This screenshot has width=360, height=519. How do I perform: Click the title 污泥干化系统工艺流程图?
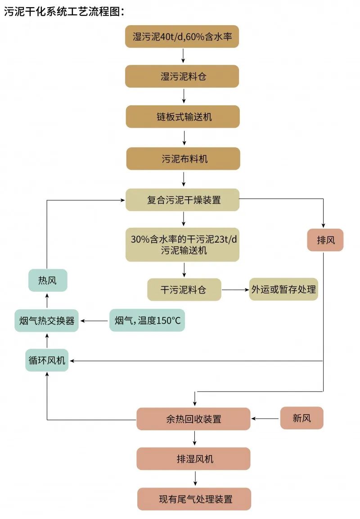63,12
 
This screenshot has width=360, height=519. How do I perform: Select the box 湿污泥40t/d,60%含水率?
182,36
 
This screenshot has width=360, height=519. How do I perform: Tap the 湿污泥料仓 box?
182,76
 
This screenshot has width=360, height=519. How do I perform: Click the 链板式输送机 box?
182,117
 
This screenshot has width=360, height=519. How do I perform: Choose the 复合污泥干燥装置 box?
182,199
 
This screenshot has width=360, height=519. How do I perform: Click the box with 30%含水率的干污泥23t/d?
182,244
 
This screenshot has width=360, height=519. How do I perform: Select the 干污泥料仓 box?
184,289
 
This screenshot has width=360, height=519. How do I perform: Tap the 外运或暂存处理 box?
283,289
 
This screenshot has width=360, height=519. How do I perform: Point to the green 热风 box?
47,280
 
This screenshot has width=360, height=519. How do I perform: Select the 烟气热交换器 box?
47,320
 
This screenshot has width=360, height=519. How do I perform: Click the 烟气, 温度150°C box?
147,320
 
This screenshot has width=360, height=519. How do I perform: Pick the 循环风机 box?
47,360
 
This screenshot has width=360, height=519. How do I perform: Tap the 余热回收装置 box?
193,419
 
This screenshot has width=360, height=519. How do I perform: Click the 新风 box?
301,418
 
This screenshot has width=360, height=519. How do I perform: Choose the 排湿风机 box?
193,459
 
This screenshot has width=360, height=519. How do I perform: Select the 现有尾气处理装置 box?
194,499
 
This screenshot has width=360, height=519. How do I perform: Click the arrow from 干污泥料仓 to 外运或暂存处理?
235,289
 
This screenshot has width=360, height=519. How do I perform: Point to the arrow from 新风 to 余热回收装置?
265,419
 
